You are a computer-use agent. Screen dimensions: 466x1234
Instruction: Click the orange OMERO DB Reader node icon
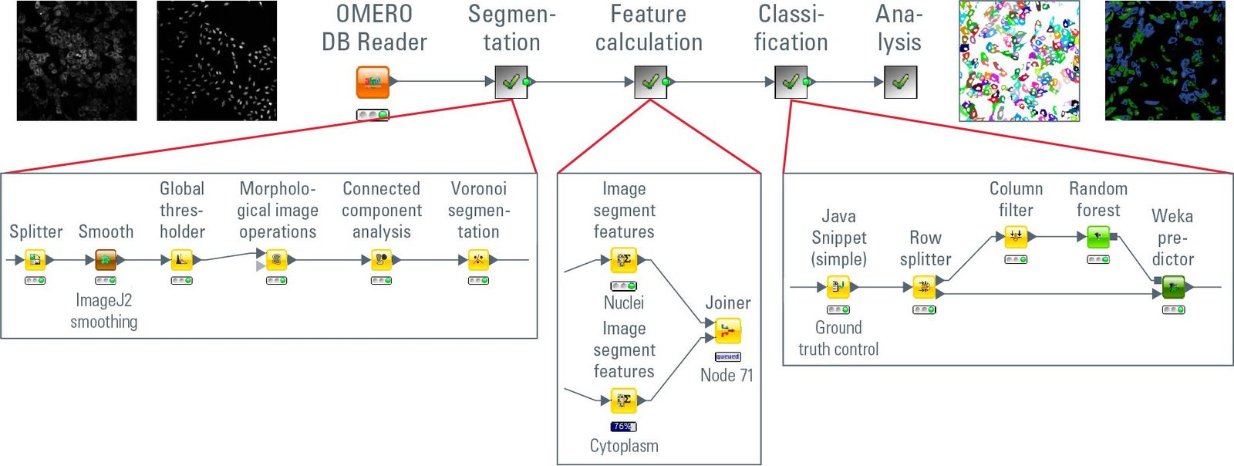coord(373,83)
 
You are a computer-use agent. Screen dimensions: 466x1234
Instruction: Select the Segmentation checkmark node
coord(511,82)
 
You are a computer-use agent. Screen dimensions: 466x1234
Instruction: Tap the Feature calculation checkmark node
coord(650,82)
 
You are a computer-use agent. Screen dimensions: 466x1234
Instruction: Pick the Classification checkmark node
coord(791,82)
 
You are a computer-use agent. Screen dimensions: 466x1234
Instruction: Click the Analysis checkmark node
coord(900,82)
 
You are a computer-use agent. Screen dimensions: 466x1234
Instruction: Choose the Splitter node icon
coord(35,260)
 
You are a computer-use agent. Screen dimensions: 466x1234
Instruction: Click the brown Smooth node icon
coord(106,260)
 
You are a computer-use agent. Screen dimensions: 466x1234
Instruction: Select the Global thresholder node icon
coord(181,260)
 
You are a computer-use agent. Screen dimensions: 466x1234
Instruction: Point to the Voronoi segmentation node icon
coord(479,260)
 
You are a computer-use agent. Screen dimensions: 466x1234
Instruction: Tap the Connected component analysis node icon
coord(382,260)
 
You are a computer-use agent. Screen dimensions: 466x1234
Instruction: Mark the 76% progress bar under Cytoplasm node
coord(623,426)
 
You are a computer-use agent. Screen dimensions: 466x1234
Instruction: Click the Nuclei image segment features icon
coord(623,261)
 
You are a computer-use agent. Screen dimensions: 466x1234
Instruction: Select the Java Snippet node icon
coord(838,288)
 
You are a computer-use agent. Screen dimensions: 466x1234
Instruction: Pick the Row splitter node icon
coord(924,288)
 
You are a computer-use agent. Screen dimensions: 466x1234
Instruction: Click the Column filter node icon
coord(1016,237)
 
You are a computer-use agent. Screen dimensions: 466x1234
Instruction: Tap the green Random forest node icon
coord(1098,237)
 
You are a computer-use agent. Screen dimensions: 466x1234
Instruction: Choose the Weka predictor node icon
coord(1173,288)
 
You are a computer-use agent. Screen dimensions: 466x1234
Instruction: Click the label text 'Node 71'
coord(727,376)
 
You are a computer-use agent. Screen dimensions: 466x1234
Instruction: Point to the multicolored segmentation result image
coord(1019,61)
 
